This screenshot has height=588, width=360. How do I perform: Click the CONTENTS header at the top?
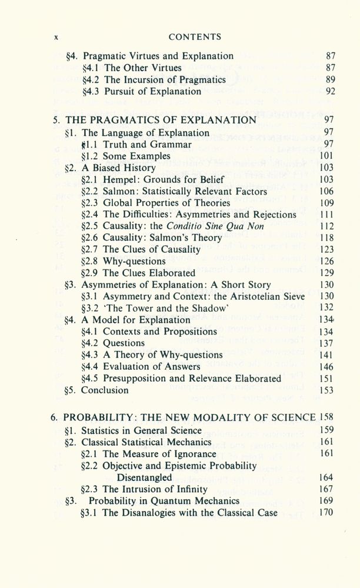click(x=194, y=36)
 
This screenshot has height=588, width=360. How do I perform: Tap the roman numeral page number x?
click(x=55, y=37)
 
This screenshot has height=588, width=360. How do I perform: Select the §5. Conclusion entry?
click(x=96, y=390)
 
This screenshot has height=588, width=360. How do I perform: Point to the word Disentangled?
click(x=145, y=477)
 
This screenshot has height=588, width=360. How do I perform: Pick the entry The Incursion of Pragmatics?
click(x=165, y=79)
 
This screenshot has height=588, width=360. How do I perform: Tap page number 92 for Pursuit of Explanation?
click(x=329, y=91)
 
